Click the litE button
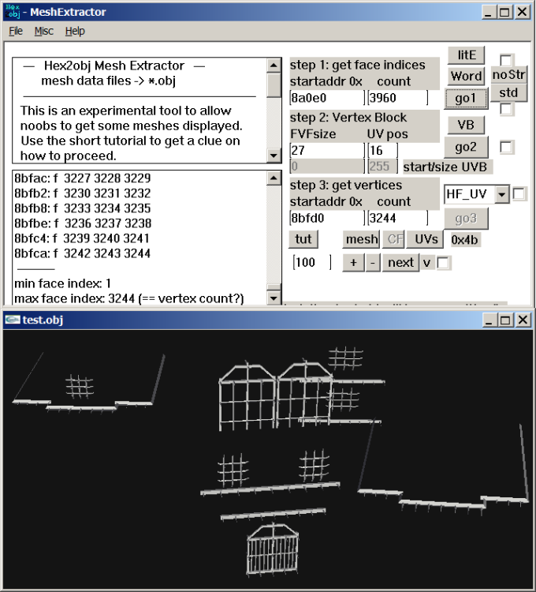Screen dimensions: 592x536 pyautogui.click(x=466, y=55)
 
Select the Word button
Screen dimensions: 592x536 pyautogui.click(x=466, y=76)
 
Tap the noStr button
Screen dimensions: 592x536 pyautogui.click(x=508, y=74)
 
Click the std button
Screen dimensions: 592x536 pyautogui.click(x=508, y=92)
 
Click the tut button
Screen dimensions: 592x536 pyautogui.click(x=303, y=239)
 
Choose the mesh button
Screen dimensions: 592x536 pyautogui.click(x=362, y=239)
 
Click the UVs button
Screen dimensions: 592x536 pyautogui.click(x=426, y=239)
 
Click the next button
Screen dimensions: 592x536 pyautogui.click(x=400, y=262)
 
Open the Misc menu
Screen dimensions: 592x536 pyautogui.click(x=44, y=31)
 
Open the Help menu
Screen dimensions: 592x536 pyautogui.click(x=75, y=31)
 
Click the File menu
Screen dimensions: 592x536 pyautogui.click(x=16, y=31)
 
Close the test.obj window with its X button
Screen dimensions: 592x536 pyautogui.click(x=523, y=320)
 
